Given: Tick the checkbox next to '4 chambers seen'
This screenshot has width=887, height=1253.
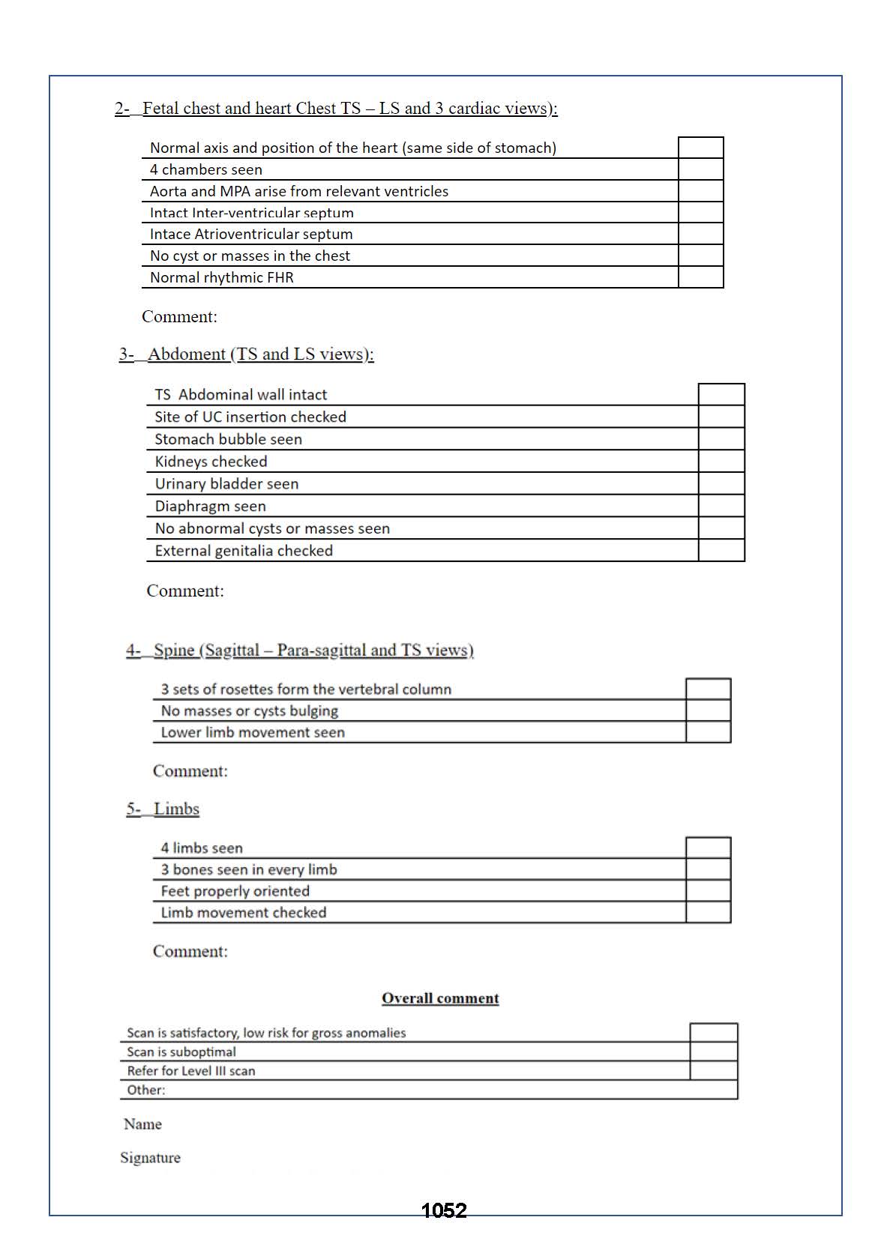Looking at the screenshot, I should (x=700, y=169).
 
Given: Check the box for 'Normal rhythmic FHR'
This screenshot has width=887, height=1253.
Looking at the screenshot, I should (x=700, y=277).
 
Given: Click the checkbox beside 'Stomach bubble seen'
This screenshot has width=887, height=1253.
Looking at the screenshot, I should (x=721, y=439).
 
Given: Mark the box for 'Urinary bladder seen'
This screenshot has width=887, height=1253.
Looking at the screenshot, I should (x=721, y=483).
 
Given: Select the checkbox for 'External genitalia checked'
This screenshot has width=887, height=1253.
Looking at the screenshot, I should (x=721, y=551).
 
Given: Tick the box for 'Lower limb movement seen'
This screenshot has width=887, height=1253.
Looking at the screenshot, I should (x=708, y=732).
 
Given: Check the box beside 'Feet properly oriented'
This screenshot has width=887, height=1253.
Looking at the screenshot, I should (x=708, y=891).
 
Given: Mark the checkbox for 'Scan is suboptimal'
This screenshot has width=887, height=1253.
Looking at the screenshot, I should (x=713, y=1052).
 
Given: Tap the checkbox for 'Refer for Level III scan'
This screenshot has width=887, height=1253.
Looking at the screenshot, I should (x=713, y=1071).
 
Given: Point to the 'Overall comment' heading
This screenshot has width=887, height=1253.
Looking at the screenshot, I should (x=440, y=998).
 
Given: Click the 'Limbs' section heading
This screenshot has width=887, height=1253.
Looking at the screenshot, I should (x=176, y=809).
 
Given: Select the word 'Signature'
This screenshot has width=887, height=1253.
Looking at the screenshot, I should (x=150, y=1158).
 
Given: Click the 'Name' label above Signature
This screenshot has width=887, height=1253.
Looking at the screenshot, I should (x=142, y=1124).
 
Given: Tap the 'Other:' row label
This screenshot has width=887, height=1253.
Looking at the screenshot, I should (x=146, y=1090).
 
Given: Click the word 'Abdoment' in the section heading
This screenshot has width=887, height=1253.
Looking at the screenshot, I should (x=187, y=354).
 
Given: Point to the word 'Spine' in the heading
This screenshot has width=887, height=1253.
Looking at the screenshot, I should (x=174, y=650).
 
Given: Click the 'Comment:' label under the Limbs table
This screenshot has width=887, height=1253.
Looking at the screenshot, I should (x=190, y=952).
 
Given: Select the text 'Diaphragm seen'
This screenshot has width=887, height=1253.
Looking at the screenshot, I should (x=210, y=507).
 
